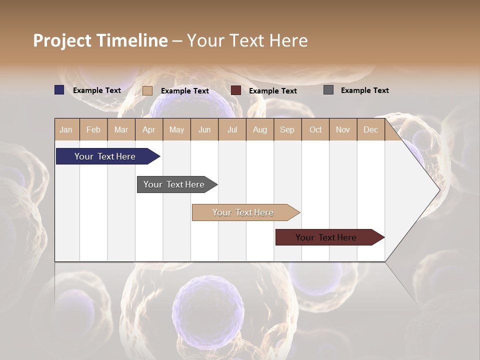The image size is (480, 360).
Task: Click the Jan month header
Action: tap(66, 129)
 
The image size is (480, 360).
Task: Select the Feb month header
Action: tap(93, 129)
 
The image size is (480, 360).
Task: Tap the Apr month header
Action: tap(148, 129)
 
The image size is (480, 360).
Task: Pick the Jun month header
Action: tap(204, 129)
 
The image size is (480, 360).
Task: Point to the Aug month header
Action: tap(259, 129)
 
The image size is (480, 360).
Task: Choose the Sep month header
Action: tap(287, 129)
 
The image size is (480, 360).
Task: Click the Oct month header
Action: tap(315, 129)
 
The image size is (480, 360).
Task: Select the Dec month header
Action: tap(370, 129)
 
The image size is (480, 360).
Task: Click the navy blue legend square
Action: tap(59, 90)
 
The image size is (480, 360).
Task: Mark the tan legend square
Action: tap(147, 90)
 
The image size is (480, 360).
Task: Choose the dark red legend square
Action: tap(236, 90)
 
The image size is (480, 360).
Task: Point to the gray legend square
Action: tap(328, 90)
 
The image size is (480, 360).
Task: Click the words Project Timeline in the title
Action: tap(100, 40)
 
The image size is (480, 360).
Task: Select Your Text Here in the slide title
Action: tap(247, 40)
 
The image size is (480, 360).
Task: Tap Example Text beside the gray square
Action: tap(364, 90)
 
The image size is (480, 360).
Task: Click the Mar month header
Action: tap(121, 129)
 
